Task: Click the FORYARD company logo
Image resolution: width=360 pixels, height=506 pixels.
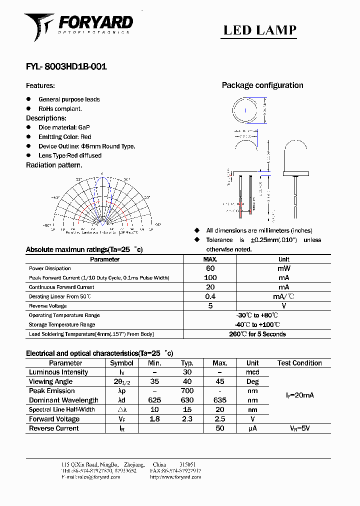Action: (x=78, y=25)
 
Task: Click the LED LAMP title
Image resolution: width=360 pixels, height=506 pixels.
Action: (x=259, y=30)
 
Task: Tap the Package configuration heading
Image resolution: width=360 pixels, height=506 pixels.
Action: (x=262, y=85)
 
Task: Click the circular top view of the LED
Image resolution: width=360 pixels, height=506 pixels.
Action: (x=245, y=110)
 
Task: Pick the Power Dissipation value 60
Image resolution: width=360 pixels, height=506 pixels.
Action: (x=210, y=268)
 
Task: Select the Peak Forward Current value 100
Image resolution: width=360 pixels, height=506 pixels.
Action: (x=210, y=278)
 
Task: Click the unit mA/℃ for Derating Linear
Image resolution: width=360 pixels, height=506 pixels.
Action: (x=283, y=296)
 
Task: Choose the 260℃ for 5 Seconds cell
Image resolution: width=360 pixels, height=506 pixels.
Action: (x=257, y=334)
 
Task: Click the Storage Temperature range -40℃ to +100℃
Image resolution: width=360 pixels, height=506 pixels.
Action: (x=257, y=324)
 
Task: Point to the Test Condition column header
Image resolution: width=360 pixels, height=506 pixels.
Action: (x=299, y=363)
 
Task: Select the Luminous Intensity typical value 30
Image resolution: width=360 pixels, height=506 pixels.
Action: (x=187, y=372)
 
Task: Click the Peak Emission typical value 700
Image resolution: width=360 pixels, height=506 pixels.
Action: (x=187, y=391)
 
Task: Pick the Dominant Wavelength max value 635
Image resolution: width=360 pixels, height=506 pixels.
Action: (x=220, y=400)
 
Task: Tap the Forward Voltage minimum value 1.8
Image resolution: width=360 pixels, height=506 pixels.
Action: (x=155, y=419)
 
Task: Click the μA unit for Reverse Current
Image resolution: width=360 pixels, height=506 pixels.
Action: (x=252, y=428)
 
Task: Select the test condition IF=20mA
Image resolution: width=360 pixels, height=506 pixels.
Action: (x=299, y=395)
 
